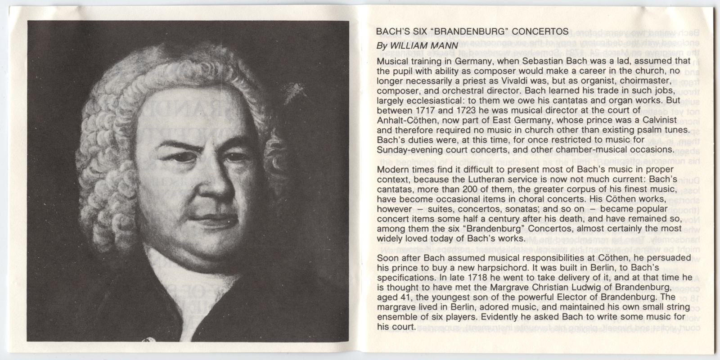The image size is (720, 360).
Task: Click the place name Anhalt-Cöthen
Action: tap(405, 121)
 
